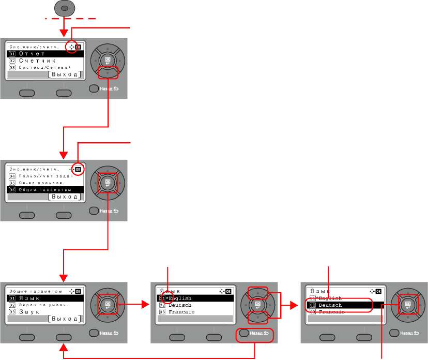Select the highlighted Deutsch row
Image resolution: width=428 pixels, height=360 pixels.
click(341, 306)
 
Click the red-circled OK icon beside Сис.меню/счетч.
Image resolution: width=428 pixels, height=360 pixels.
click(79, 169)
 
